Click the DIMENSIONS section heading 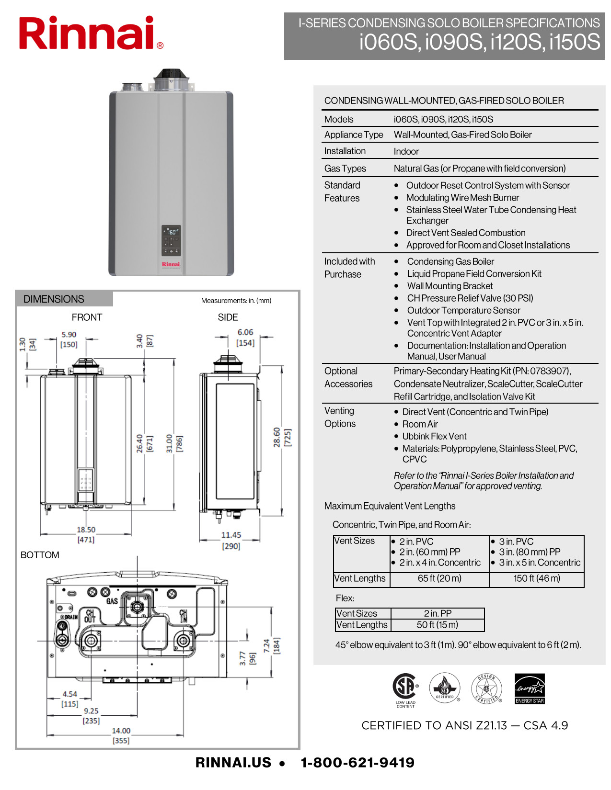54,299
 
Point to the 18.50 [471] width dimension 86,534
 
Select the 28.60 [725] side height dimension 282,437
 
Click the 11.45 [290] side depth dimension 231,540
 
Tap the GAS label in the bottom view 112,601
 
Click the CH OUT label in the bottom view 90,616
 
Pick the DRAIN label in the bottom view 71,617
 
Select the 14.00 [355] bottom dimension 121,735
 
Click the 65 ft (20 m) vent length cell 439,578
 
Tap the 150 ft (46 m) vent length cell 537,578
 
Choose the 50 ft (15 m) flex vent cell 437,625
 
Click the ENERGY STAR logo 530,688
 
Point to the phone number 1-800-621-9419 357,763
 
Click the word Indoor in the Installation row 406,151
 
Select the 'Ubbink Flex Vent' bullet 434,436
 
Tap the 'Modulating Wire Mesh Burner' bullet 462,198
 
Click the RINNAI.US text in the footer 233,763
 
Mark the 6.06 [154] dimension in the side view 245,337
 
